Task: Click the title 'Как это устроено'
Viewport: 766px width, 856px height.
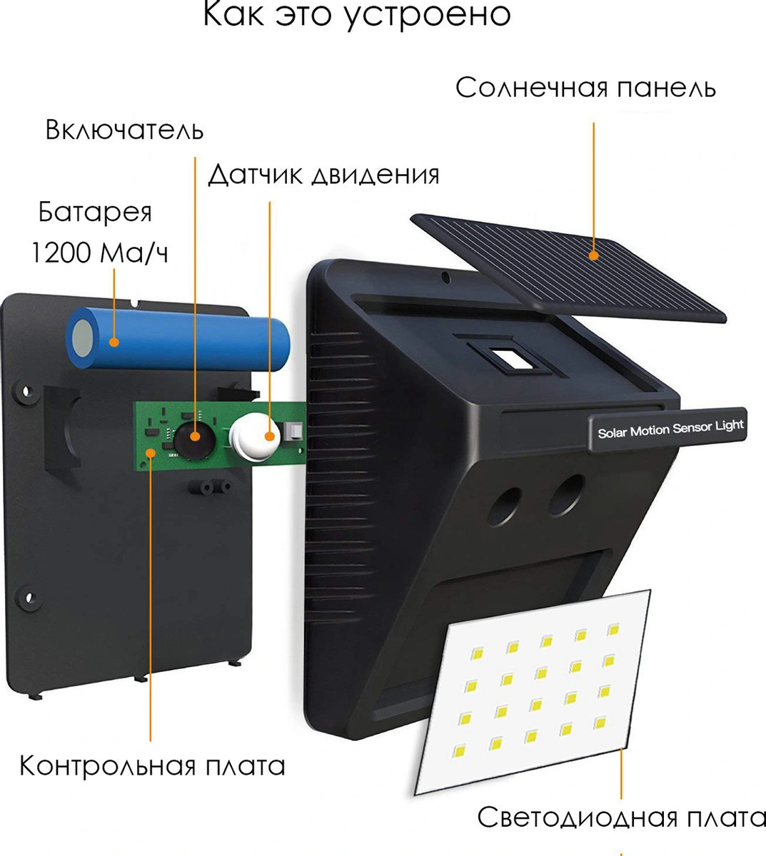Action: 356,15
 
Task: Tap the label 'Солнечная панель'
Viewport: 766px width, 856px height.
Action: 585,88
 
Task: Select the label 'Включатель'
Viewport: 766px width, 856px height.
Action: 124,130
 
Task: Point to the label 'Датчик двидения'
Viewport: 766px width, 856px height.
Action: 323,175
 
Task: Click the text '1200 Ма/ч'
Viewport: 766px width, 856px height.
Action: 99,253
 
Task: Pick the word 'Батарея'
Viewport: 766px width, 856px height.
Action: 95,212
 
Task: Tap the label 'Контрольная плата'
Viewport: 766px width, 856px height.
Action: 152,766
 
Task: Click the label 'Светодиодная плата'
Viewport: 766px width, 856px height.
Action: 621,817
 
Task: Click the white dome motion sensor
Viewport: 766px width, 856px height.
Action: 255,437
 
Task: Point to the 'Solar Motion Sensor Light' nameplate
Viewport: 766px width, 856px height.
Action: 668,429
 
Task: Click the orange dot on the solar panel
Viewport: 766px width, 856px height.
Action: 594,255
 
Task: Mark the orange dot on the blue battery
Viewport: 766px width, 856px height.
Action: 114,342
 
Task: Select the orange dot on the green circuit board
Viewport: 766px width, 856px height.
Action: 151,452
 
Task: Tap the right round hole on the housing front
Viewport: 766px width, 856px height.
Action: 566,495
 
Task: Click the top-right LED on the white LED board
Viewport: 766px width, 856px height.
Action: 613,631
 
